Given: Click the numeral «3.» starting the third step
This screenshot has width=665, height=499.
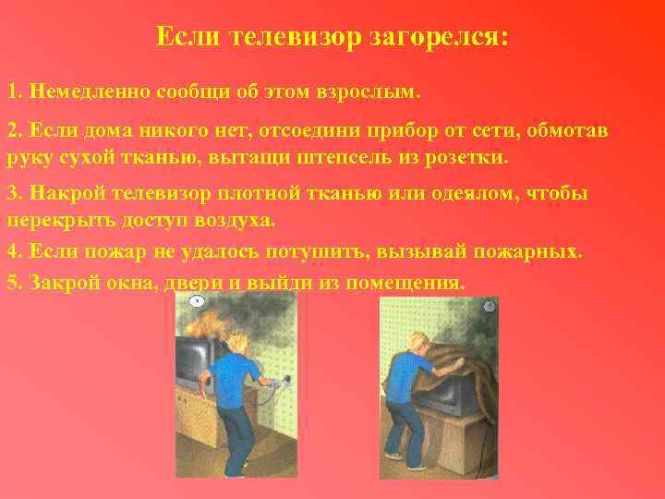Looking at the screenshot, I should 15,194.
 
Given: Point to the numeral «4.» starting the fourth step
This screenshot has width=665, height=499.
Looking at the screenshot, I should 15,250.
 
